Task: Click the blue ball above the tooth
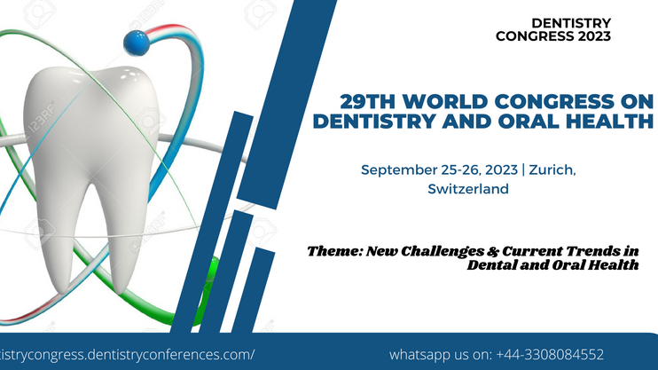(x=137, y=43)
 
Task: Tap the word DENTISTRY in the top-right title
(x=571, y=23)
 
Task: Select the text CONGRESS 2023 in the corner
(x=553, y=36)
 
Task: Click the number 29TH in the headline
(x=367, y=102)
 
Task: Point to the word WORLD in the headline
(x=445, y=102)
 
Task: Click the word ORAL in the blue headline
(x=529, y=121)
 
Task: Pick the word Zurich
(x=552, y=170)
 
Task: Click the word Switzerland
(x=468, y=189)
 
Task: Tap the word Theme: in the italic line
(x=334, y=251)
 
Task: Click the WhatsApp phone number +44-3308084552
(x=550, y=355)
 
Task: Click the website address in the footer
(x=127, y=355)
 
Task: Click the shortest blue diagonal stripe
(x=254, y=290)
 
